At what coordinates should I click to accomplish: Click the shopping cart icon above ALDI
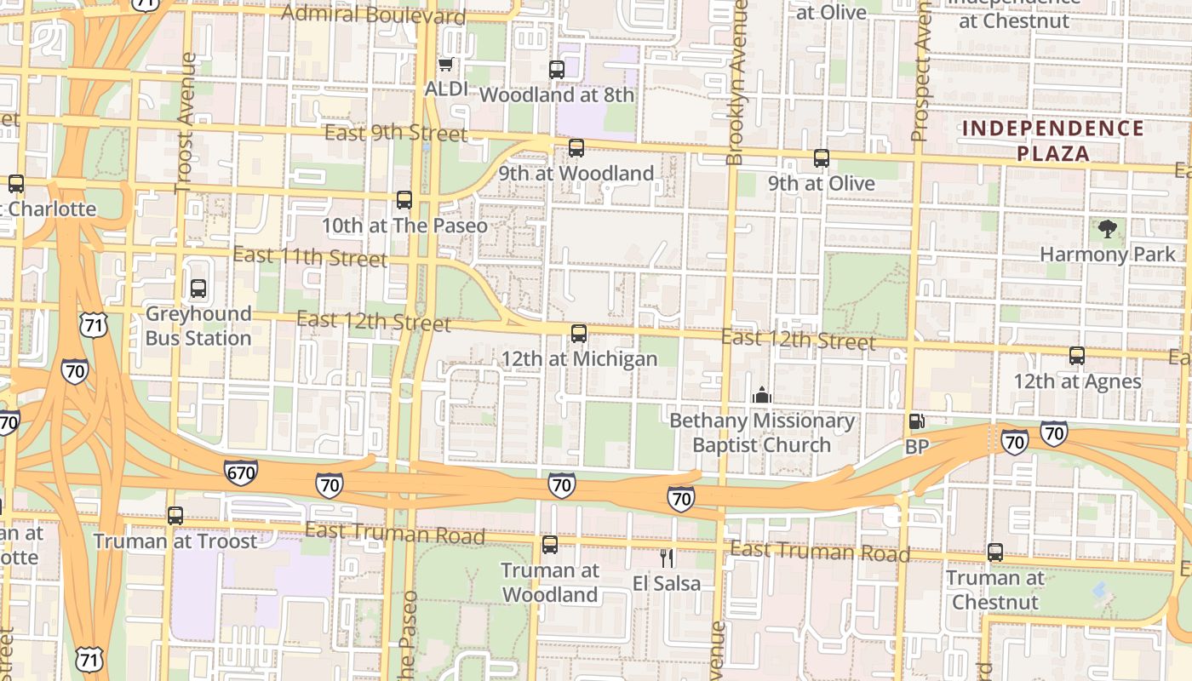444,65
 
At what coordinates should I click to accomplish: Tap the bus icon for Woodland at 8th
557,70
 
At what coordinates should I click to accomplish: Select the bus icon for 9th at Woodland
576,148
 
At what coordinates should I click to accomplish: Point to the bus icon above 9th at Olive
822,158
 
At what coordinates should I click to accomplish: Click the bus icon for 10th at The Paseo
404,200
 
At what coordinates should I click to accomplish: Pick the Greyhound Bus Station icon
198,289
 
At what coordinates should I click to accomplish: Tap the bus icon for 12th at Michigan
579,334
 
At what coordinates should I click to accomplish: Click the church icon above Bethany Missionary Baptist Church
761,395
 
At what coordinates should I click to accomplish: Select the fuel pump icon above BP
916,421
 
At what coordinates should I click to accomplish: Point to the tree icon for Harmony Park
1108,228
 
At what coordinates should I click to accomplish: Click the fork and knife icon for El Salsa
667,558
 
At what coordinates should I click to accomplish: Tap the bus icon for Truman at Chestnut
994,552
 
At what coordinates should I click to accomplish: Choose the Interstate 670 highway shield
242,472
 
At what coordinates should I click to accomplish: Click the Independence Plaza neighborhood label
1053,140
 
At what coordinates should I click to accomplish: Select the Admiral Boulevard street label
373,14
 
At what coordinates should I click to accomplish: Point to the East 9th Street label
396,133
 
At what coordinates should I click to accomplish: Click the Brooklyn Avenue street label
736,81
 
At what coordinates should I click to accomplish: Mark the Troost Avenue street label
185,123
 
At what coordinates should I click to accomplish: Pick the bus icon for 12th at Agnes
1077,356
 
